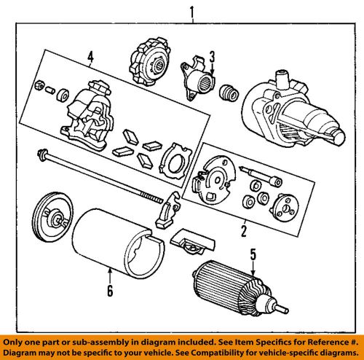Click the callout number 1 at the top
(192, 12)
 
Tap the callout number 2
(244, 231)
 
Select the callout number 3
(212, 57)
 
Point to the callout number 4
(90, 57)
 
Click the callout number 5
(253, 254)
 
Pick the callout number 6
(110, 291)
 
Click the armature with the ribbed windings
(240, 289)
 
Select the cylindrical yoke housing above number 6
(119, 243)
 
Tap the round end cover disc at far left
(52, 217)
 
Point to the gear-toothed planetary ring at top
(149, 63)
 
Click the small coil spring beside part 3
(229, 93)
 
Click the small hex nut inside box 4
(39, 85)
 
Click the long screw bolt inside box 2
(261, 176)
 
